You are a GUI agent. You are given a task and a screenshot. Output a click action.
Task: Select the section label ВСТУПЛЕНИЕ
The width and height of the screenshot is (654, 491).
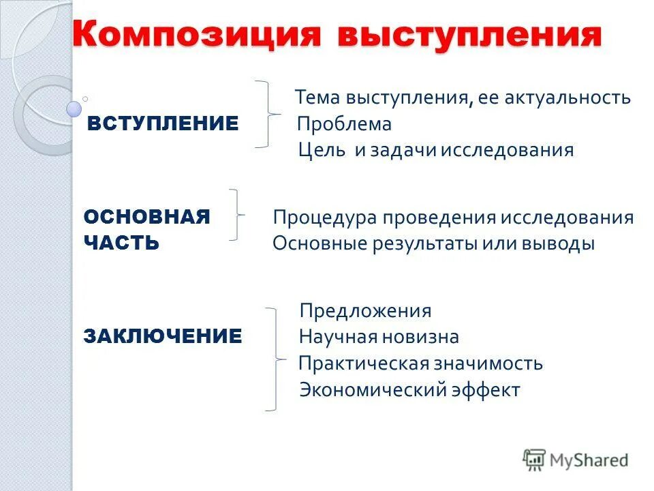(x=163, y=123)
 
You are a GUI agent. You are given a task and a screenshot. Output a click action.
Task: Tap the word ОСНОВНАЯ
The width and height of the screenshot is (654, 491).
(x=146, y=217)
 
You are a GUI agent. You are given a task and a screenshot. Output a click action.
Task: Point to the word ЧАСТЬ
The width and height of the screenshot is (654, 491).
(x=121, y=243)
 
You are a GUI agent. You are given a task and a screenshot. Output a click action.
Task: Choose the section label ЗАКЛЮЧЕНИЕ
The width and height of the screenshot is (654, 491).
(x=163, y=336)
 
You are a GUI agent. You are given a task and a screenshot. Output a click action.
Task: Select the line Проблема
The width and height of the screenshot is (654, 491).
(x=344, y=124)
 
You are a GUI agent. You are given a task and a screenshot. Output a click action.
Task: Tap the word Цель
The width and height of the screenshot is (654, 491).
(x=322, y=150)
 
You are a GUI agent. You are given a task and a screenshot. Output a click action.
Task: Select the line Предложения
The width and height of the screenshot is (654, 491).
(x=366, y=311)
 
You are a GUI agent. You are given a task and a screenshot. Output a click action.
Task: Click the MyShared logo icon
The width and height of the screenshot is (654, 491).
(x=534, y=460)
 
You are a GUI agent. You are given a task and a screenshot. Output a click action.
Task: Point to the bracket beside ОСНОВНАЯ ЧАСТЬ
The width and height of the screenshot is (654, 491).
(x=236, y=215)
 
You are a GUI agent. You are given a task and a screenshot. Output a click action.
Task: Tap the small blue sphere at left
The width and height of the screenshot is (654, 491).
(x=74, y=108)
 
